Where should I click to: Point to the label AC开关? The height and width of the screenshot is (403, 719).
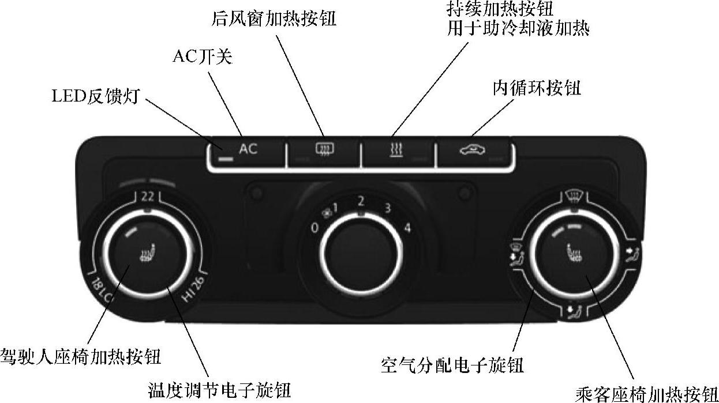(x=202, y=57)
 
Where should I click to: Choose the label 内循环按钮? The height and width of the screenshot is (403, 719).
(x=537, y=88)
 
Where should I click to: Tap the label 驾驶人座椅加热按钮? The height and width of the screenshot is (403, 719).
(x=80, y=356)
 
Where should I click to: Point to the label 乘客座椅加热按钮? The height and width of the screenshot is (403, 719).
(x=646, y=393)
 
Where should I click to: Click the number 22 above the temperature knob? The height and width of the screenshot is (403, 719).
(x=147, y=196)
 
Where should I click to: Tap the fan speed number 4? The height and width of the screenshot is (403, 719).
(x=407, y=228)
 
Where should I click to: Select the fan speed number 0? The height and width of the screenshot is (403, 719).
(x=314, y=228)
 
